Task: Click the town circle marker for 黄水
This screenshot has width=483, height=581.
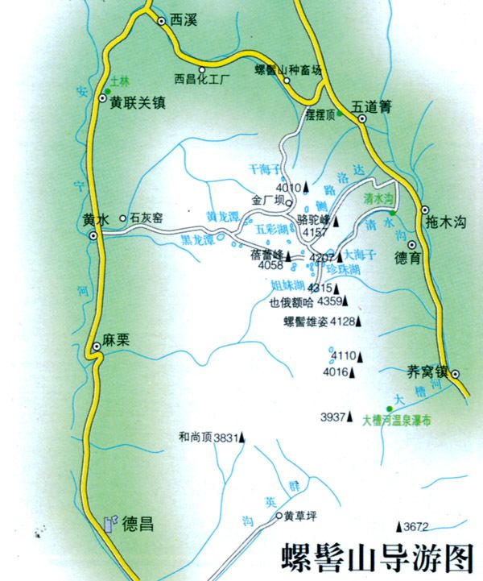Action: (x=94, y=235)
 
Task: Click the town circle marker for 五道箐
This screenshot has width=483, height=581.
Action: (x=362, y=118)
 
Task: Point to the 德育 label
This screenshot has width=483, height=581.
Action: (x=408, y=259)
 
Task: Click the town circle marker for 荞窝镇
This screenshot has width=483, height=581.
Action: (x=456, y=374)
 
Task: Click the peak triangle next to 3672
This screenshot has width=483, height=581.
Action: (x=400, y=526)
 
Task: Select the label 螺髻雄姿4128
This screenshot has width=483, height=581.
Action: (x=320, y=322)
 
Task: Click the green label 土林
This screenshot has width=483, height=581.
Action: (x=120, y=81)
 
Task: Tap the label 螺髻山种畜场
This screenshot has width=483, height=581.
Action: (x=288, y=69)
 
